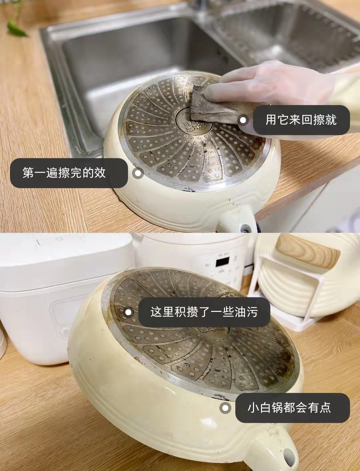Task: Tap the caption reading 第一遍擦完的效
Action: click(64, 173)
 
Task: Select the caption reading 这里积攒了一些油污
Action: click(204, 312)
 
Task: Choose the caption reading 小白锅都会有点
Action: click(289, 408)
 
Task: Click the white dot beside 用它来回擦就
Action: click(243, 120)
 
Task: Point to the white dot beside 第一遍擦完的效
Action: click(138, 173)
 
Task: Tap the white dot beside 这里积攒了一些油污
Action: click(128, 313)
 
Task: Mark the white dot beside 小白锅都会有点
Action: click(225, 408)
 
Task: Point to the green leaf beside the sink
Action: click(16, 28)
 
